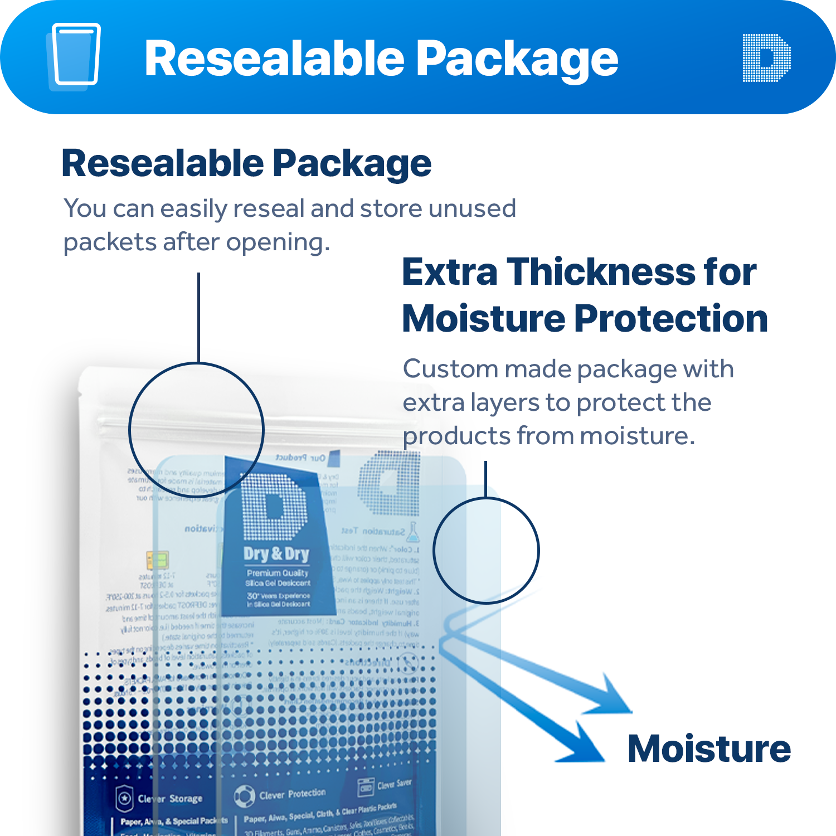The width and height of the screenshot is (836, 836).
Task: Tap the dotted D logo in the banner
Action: point(767,58)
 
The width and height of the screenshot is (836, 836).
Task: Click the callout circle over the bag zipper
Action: point(196,430)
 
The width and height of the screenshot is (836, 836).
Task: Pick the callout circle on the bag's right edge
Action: point(486,551)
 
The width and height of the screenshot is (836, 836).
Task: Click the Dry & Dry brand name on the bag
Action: point(276,554)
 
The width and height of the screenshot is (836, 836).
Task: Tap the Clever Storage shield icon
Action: point(124,798)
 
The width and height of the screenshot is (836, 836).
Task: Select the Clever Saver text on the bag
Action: point(395,784)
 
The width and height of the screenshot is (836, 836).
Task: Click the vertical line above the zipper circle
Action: point(198,318)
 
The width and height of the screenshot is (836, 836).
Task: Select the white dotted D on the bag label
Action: point(274,505)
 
